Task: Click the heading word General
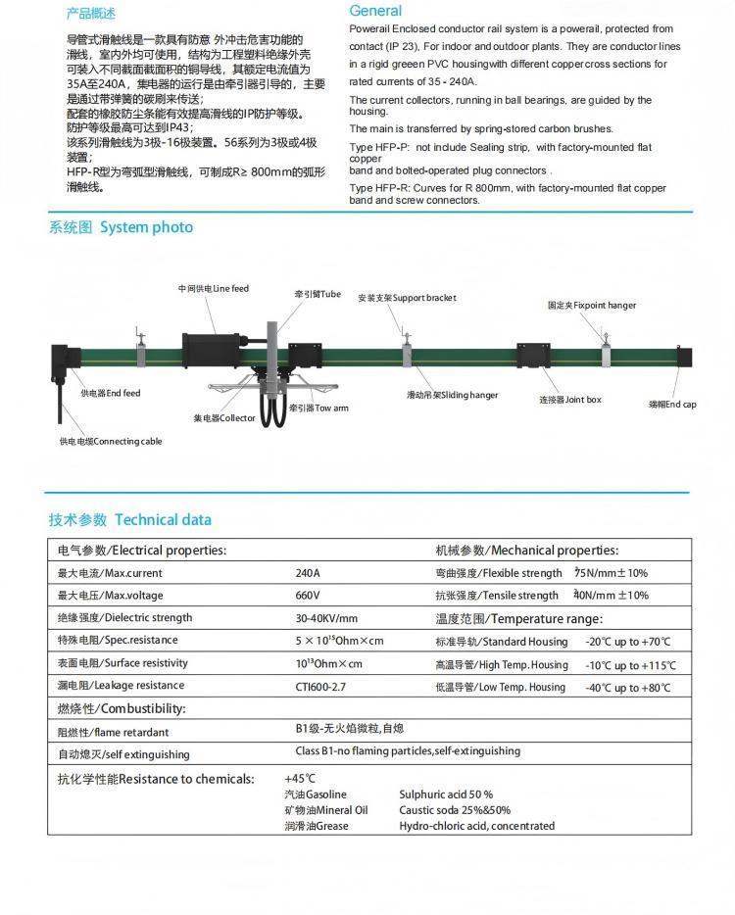(x=375, y=11)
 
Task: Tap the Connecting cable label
(x=111, y=442)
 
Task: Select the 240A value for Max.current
(x=308, y=573)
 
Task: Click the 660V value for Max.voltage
(x=308, y=596)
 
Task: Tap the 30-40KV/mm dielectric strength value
(x=326, y=618)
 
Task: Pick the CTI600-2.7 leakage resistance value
(x=320, y=687)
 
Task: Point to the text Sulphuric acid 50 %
(x=446, y=795)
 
